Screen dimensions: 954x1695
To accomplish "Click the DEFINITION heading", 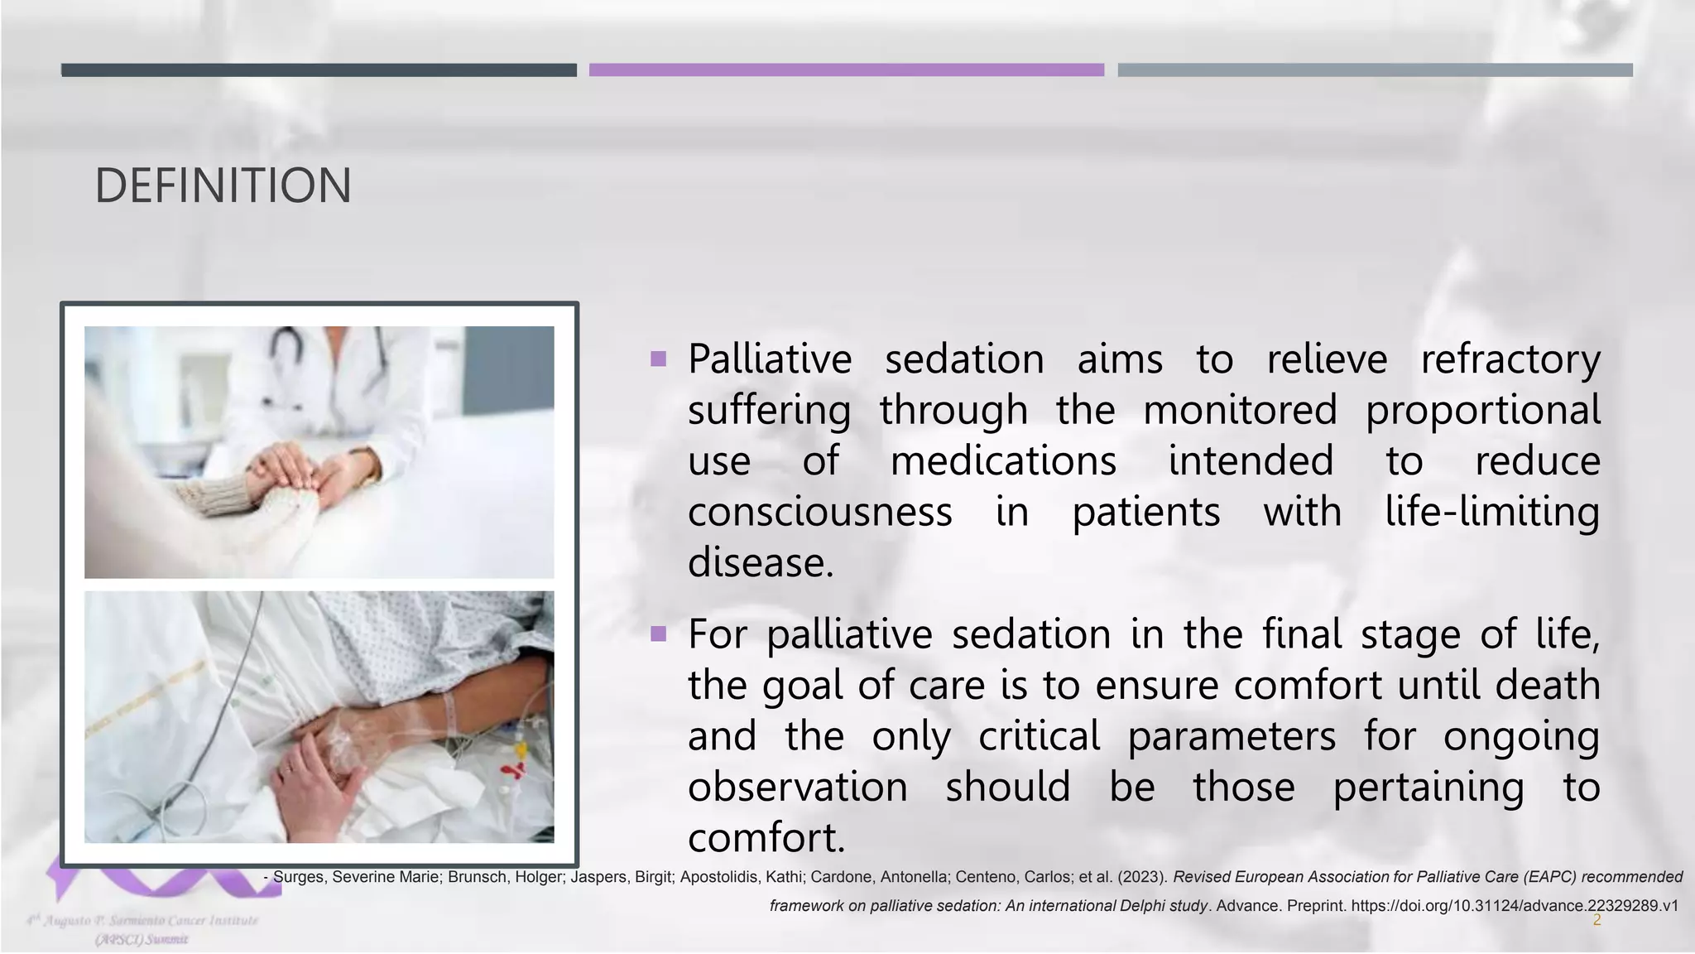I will [223, 185].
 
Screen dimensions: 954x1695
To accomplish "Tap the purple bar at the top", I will [846, 70].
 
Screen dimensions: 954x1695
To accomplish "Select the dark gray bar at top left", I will [319, 70].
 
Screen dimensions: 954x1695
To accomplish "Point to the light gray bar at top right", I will [1375, 70].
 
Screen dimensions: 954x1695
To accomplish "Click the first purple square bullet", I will [659, 359].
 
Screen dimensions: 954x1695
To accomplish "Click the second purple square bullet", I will [659, 634].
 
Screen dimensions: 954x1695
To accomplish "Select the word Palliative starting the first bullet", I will [770, 359].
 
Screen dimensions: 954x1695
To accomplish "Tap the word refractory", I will [1510, 359].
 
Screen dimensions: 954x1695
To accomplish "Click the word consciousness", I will [819, 512].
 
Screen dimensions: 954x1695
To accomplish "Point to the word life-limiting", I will [1492, 512].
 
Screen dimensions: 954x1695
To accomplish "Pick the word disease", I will [760, 563].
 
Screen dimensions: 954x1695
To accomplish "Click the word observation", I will [797, 787].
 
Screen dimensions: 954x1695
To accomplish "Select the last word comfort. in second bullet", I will [766, 837].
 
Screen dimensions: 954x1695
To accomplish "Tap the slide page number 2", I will [1597, 921].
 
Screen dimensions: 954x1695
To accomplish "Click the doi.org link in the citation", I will [1514, 906].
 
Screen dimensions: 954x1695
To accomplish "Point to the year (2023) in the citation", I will [1142, 877].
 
